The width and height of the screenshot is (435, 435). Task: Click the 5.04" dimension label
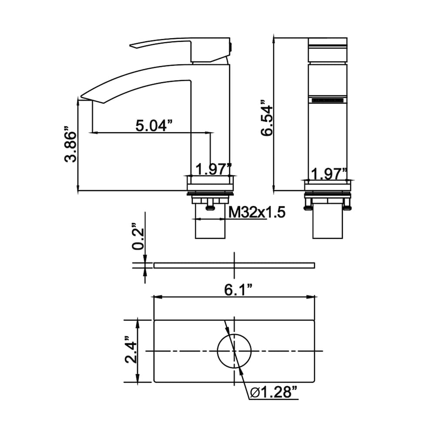click(x=154, y=126)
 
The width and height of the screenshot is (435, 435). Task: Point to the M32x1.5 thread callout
click(x=257, y=213)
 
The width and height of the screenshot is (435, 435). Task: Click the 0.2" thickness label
click(x=138, y=236)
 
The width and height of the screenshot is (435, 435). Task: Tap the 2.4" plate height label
click(x=130, y=350)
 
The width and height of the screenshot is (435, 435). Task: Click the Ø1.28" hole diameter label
click(x=274, y=392)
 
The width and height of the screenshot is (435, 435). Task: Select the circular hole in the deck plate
click(x=234, y=334)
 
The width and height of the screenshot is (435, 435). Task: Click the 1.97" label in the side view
click(x=214, y=169)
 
